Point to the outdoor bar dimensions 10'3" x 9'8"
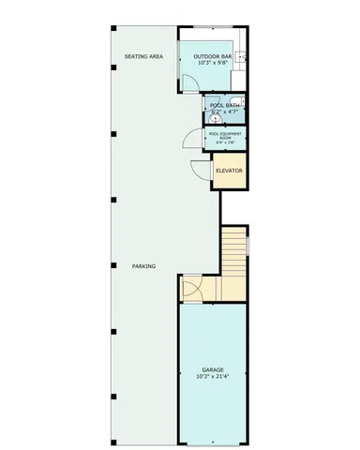click(x=213, y=64)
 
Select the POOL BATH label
click(x=225, y=106)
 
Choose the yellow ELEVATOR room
click(x=230, y=172)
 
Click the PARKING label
click(x=143, y=266)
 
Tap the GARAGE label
click(x=213, y=370)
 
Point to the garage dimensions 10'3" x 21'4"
click(x=213, y=377)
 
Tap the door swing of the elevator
click(x=202, y=170)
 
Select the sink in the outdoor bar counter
click(x=242, y=58)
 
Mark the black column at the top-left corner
click(x=113, y=26)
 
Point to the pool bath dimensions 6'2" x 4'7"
click(x=225, y=112)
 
